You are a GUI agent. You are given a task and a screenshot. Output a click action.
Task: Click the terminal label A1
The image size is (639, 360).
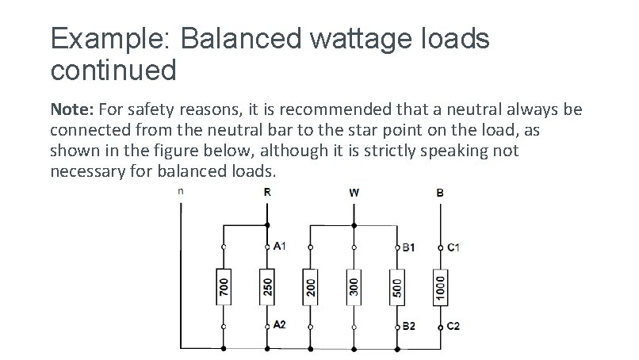(x=280, y=246)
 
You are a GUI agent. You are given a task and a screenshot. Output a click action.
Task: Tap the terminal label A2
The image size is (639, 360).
(x=280, y=325)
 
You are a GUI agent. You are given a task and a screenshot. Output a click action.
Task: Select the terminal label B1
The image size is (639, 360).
(x=409, y=247)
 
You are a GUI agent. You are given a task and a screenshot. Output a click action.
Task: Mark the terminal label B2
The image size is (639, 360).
(x=409, y=325)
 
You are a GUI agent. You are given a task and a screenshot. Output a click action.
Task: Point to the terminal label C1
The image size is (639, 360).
(x=453, y=247)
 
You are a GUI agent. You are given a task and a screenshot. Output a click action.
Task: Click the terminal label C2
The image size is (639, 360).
(x=453, y=325)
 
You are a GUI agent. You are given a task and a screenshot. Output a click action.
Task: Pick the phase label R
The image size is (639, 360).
(x=266, y=192)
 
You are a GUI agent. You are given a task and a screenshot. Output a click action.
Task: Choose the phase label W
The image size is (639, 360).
(x=354, y=192)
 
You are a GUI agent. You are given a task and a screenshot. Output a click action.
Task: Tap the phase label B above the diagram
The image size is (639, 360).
(x=441, y=192)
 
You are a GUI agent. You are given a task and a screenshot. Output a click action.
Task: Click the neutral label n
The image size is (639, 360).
(x=181, y=190)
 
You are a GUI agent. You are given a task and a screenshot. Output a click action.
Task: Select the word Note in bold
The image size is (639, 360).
(x=72, y=109)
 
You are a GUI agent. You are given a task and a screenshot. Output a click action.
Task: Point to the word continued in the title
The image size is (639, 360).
(x=113, y=71)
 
